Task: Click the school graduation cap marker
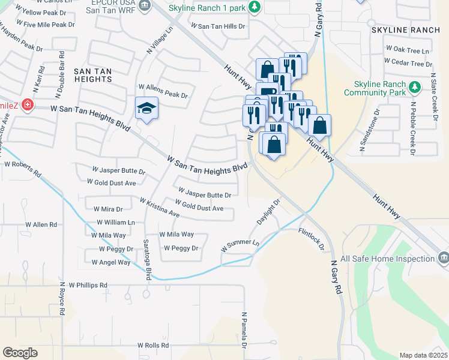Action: click(x=146, y=109)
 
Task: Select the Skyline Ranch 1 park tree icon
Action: click(x=255, y=7)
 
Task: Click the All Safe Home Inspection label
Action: click(x=387, y=259)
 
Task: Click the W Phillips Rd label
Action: click(x=88, y=285)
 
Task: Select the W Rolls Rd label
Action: click(x=153, y=345)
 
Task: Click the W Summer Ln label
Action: click(x=240, y=247)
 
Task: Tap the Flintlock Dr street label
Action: click(x=311, y=238)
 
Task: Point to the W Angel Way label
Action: click(x=111, y=262)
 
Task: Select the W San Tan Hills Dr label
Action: click(x=218, y=26)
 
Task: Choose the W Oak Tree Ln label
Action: click(x=408, y=51)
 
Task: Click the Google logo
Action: click(x=20, y=352)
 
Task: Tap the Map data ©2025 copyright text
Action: click(x=423, y=355)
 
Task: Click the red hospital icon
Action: click(x=27, y=106)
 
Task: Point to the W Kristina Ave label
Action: click(x=160, y=207)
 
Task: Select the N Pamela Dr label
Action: click(x=244, y=330)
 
